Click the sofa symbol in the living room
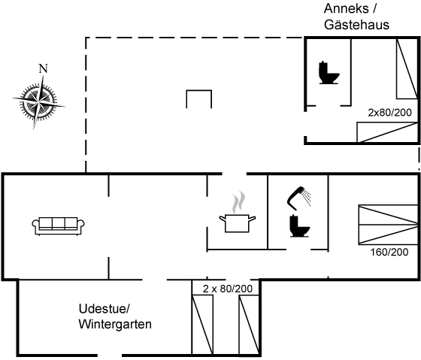pyautogui.click(x=59, y=226)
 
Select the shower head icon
pyautogui.click(x=299, y=198)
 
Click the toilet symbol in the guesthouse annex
pyautogui.click(x=329, y=73)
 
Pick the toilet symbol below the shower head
pyautogui.click(x=300, y=226)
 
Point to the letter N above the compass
pyautogui.click(x=44, y=68)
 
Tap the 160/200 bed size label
pyautogui.click(x=389, y=252)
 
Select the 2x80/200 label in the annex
pyautogui.click(x=389, y=113)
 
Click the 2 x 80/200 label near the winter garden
pyautogui.click(x=228, y=289)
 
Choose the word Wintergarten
pyautogui.click(x=115, y=324)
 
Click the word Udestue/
pyautogui.click(x=104, y=309)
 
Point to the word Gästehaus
pyautogui.click(x=356, y=25)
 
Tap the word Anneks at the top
pyautogui.click(x=346, y=8)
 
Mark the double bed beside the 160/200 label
pyautogui.click(x=388, y=225)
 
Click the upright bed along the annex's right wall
pyautogui.click(x=407, y=68)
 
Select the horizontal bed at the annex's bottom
pyautogui.click(x=387, y=132)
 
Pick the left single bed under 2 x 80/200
pyautogui.click(x=203, y=325)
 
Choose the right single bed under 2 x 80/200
pyautogui.click(x=249, y=325)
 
